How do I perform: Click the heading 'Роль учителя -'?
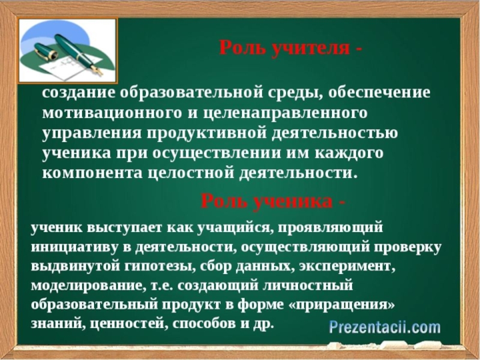coord(290,48)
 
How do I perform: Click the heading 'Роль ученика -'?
coord(273,201)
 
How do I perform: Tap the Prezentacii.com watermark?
coord(384,328)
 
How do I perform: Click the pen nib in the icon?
coord(96,70)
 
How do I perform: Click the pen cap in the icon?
coord(46,52)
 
